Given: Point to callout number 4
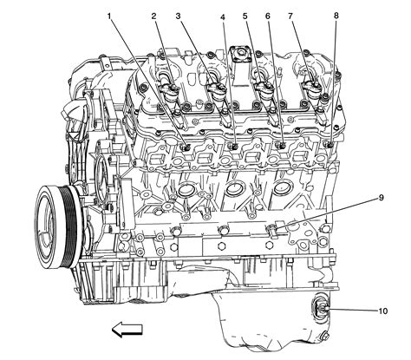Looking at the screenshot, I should pos(223,16).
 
